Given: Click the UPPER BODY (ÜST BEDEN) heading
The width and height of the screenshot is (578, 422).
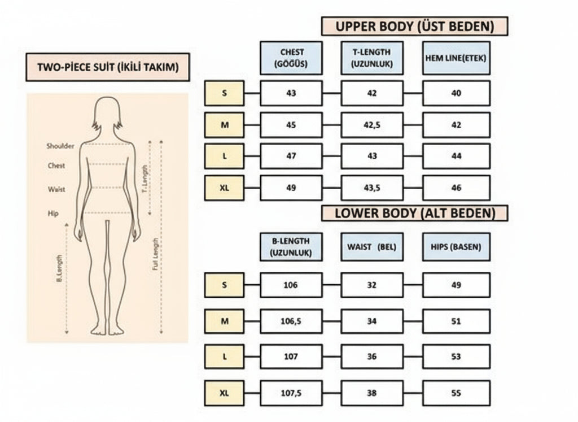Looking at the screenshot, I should tap(414, 27).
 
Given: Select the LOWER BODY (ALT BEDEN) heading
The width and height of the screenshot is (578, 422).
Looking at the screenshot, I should tap(414, 213).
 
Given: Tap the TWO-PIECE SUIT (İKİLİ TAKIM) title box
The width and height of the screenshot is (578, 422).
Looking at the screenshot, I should tap(107, 67).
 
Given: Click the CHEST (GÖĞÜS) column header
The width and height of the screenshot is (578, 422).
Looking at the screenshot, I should tap(291, 58).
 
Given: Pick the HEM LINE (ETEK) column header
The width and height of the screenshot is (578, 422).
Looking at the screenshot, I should tap(456, 58).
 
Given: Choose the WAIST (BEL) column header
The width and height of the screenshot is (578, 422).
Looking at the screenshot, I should tap(372, 247).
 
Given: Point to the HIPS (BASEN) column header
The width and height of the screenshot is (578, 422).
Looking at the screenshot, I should tap(456, 247).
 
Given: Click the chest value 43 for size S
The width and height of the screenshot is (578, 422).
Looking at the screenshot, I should tap(291, 93).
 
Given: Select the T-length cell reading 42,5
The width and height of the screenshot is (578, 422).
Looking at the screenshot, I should tap(372, 125).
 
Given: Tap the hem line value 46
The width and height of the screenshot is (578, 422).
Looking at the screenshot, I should tap(456, 188).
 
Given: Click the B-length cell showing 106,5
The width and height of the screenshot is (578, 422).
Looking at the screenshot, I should tap(291, 321).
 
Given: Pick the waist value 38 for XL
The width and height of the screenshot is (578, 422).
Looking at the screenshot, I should tap(372, 393).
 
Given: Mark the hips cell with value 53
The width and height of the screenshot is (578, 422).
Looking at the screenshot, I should tap(456, 356).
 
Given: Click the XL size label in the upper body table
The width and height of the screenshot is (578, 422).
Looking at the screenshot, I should tap(224, 188).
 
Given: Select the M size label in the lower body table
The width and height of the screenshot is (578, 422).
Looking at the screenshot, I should tap(224, 321).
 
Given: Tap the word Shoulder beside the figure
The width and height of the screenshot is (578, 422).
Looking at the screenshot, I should tap(60, 146).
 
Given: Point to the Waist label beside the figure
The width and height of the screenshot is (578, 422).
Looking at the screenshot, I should tap(56, 189).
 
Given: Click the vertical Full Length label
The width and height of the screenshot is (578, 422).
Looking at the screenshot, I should tap(156, 254).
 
